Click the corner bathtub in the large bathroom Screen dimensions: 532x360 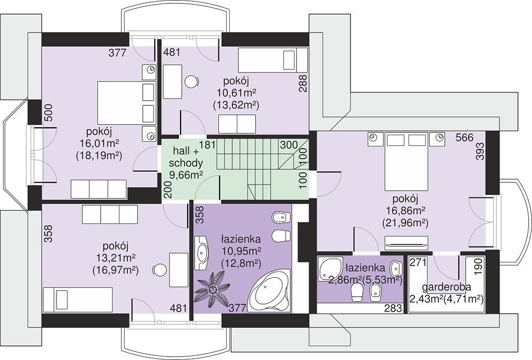[x=269, y=291]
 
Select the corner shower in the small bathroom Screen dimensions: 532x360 [x=329, y=269]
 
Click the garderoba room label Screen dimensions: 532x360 [x=446, y=287]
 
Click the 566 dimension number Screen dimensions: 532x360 [x=464, y=138]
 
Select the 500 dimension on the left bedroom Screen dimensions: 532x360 [x=49, y=113]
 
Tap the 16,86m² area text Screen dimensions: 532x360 [x=405, y=211]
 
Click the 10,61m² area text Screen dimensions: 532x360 [x=236, y=92]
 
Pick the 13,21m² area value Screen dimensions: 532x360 [x=116, y=257]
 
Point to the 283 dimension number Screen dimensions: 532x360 [x=393, y=308]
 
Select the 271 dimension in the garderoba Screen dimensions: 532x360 [x=418, y=262]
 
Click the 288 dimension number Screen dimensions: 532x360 [x=303, y=83]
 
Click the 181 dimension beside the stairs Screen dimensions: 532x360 [x=208, y=145]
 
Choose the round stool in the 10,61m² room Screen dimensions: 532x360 [x=192, y=82]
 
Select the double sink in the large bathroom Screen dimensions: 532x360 [x=202, y=253]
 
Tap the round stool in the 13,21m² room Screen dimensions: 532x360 [x=158, y=271]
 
